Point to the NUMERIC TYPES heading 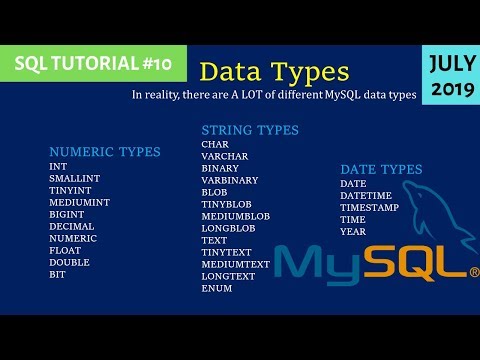click(104, 152)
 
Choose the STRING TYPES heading click(250, 130)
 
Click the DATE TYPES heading click(381, 169)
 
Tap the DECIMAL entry click(70, 226)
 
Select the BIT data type click(57, 274)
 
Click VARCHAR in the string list click(225, 156)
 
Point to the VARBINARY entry click(230, 180)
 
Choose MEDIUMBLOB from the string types click(235, 216)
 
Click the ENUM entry click(216, 288)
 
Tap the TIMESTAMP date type click(370, 207)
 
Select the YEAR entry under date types click(353, 231)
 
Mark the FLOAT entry click(65, 250)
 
